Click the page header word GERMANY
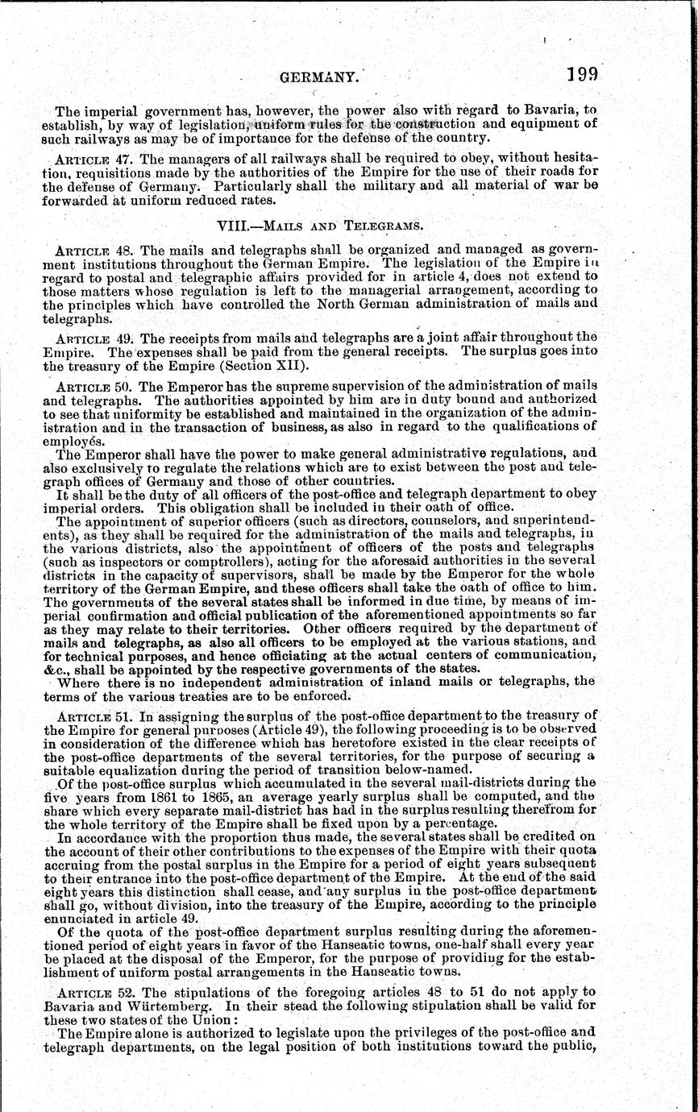[318, 77]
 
